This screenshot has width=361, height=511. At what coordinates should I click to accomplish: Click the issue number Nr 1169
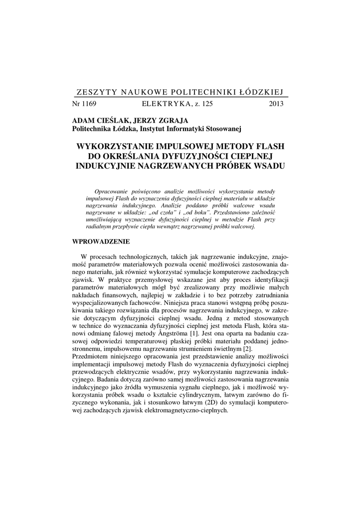[84, 104]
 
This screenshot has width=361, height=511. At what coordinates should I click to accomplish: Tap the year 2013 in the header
[276, 104]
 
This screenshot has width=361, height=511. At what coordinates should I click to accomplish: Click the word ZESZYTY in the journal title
[95, 92]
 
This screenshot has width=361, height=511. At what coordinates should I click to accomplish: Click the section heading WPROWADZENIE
[101, 242]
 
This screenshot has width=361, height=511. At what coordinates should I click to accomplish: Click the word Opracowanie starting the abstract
[113, 192]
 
